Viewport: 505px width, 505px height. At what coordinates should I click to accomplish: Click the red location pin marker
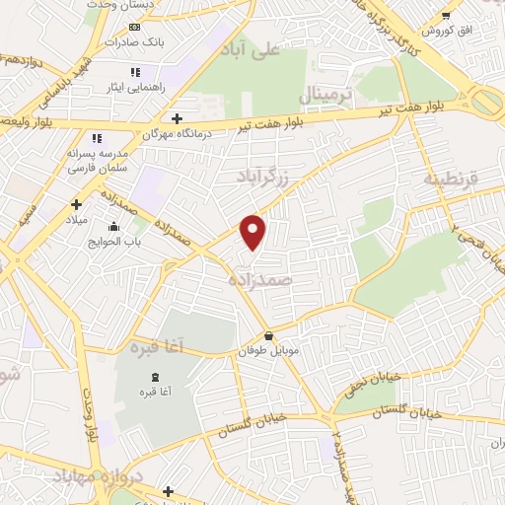(x=254, y=231)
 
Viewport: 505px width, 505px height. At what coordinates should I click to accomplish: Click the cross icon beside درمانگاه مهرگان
(x=176, y=118)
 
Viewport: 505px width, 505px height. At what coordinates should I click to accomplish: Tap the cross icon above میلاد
(x=76, y=204)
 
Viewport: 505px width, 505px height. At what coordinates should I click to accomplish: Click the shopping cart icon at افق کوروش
(x=447, y=15)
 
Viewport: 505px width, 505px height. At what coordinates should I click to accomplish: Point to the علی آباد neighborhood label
(x=251, y=48)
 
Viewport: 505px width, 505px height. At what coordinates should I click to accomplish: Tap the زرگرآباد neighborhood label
(x=262, y=176)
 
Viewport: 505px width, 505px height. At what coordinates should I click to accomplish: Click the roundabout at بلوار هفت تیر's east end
(x=486, y=103)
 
